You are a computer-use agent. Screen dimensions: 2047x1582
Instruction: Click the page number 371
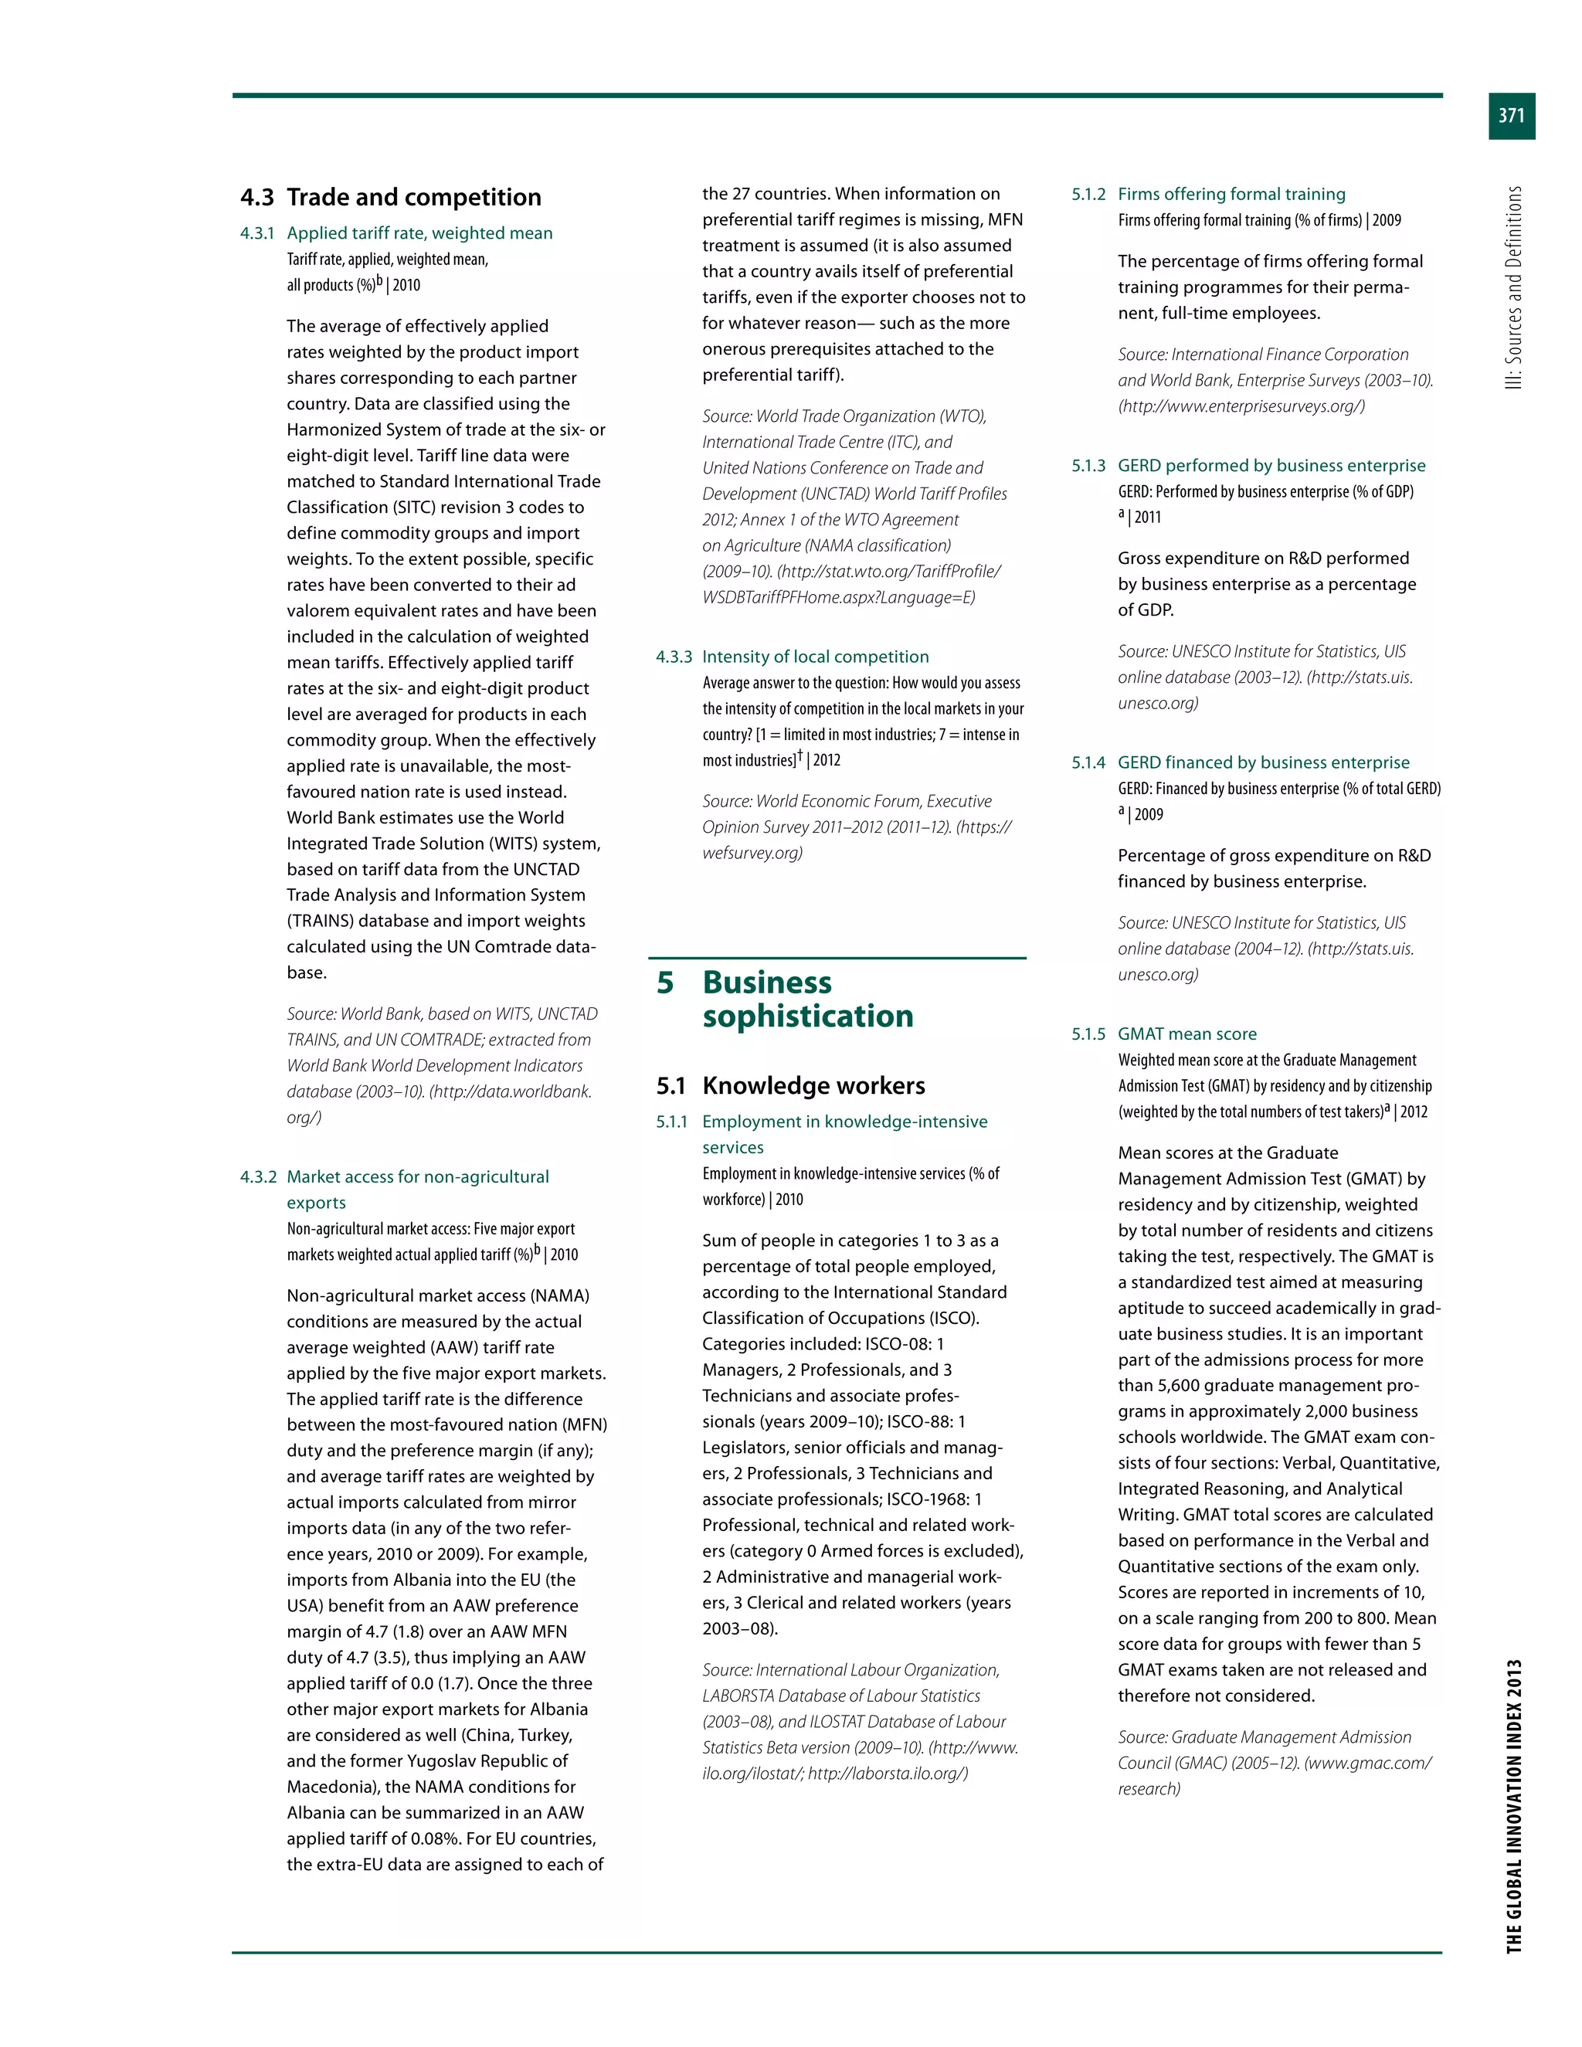pyautogui.click(x=1511, y=115)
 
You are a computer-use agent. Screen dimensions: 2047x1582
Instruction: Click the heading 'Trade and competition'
pyautogui.click(x=413, y=197)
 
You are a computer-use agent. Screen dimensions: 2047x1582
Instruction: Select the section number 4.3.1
pyautogui.click(x=256, y=233)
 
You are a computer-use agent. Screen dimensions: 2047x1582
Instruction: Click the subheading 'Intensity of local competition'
pyautogui.click(x=816, y=657)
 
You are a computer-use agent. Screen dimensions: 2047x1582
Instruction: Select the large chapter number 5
pyautogui.click(x=665, y=983)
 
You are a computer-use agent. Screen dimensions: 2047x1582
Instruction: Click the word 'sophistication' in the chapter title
pyautogui.click(x=808, y=1016)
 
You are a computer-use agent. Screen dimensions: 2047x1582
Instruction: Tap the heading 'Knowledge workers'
pyautogui.click(x=813, y=1085)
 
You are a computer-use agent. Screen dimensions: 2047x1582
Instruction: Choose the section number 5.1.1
pyautogui.click(x=672, y=1122)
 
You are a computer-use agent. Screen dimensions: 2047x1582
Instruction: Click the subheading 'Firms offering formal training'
pyautogui.click(x=1231, y=194)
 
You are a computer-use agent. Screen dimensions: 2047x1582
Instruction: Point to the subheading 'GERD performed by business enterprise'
pyautogui.click(x=1271, y=466)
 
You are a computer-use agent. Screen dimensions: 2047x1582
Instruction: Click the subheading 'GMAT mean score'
pyautogui.click(x=1187, y=1034)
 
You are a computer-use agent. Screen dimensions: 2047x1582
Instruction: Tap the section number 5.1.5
pyautogui.click(x=1088, y=1034)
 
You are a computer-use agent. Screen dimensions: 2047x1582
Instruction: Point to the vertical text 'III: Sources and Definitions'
pyautogui.click(x=1513, y=288)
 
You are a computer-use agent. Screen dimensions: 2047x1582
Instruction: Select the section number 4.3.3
pyautogui.click(x=674, y=657)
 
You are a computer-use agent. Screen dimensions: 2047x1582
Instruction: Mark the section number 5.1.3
pyautogui.click(x=1088, y=466)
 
